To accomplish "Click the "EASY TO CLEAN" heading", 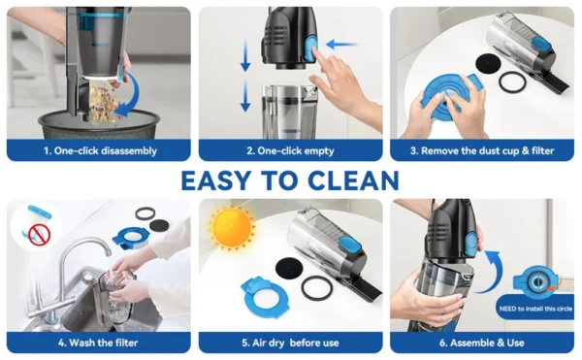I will tap(290, 180).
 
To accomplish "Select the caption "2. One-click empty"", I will tap(290, 150).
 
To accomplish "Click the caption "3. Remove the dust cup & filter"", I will tap(482, 150).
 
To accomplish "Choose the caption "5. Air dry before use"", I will tap(290, 343).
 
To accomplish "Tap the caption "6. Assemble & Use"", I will tap(482, 343).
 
